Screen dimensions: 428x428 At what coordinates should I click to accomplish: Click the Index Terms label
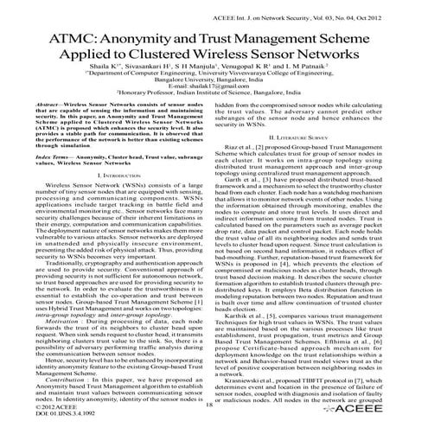40,196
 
